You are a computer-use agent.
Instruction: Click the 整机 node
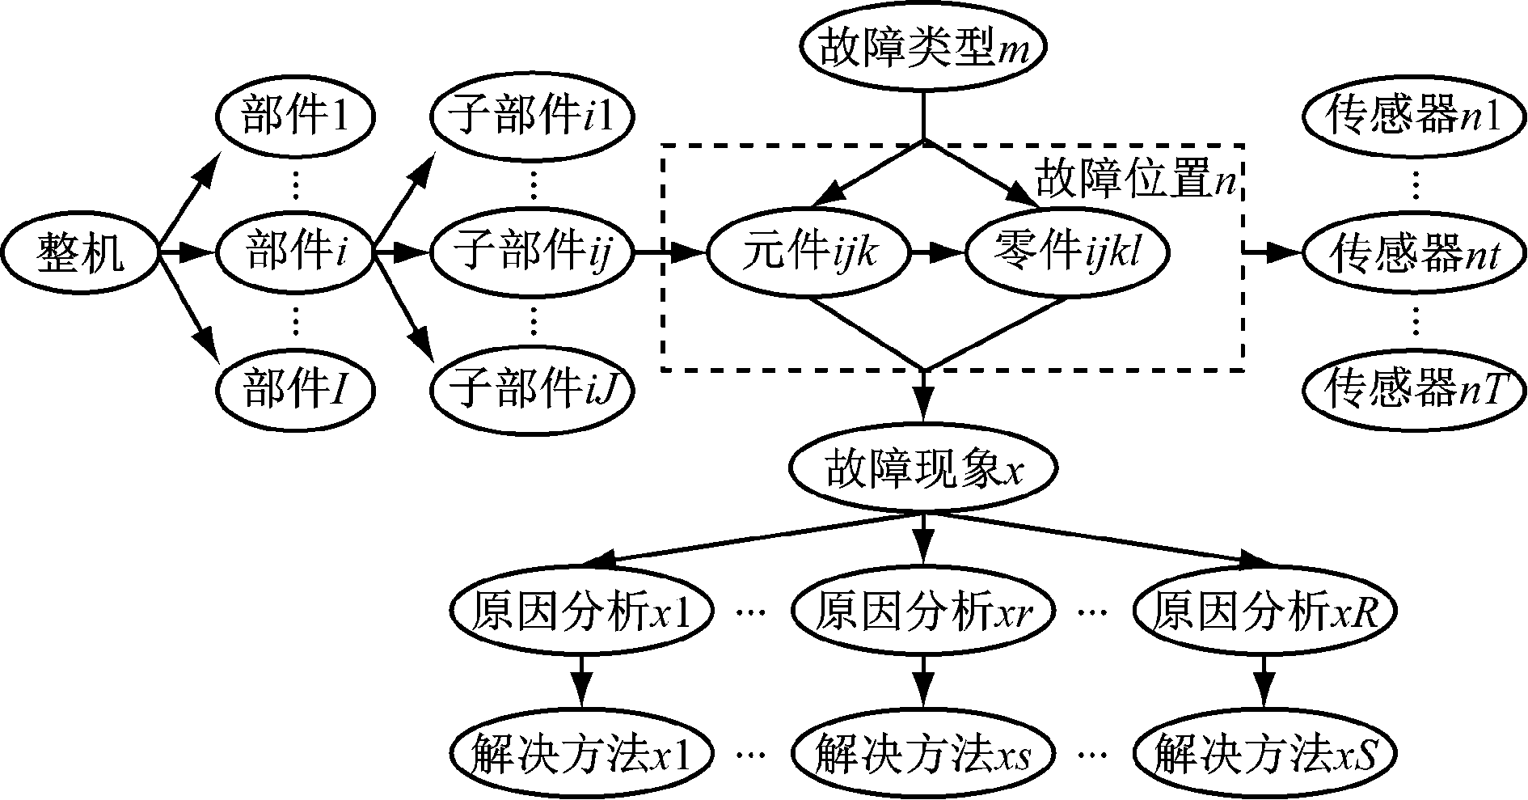pos(80,252)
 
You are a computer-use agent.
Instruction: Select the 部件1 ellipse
pos(295,117)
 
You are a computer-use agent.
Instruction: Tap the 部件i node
pos(295,252)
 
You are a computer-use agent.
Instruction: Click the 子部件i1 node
pos(531,117)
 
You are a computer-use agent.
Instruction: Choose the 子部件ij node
pos(531,252)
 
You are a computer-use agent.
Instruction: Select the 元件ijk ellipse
pos(809,252)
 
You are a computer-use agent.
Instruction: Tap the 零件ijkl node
pos(1068,252)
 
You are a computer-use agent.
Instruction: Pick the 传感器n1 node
pos(1414,117)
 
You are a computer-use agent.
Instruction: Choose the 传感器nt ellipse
pos(1414,254)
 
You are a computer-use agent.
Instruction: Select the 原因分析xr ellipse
pos(922,612)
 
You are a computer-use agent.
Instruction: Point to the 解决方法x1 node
pos(581,754)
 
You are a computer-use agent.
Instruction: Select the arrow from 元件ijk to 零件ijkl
pos(938,252)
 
